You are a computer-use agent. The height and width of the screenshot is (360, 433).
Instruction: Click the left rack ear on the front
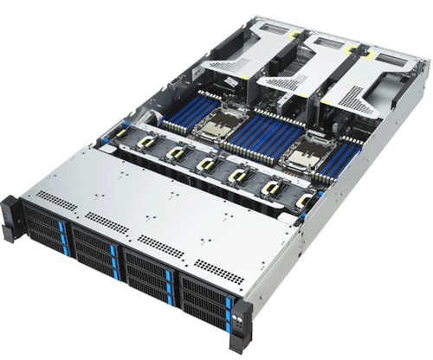[10, 215]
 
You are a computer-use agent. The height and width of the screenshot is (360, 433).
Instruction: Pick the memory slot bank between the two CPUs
[261, 138]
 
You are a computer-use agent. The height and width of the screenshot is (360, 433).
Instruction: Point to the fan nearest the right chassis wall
[304, 201]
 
